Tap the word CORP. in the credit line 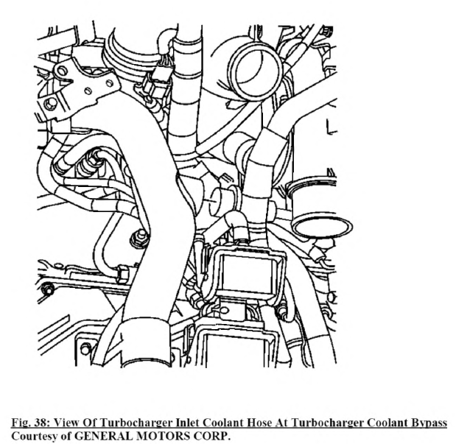(212, 436)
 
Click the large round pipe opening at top (256, 71)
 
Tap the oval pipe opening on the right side (322, 226)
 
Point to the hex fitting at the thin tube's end (122, 274)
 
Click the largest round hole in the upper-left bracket (62, 71)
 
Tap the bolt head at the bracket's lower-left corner (50, 104)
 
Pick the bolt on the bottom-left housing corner (85, 349)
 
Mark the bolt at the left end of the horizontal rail (47, 290)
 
